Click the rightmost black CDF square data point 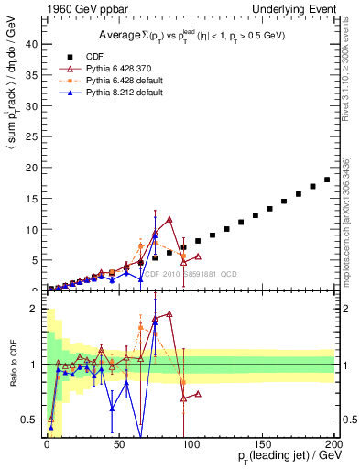[327, 180]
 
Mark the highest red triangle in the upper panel [169, 219]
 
